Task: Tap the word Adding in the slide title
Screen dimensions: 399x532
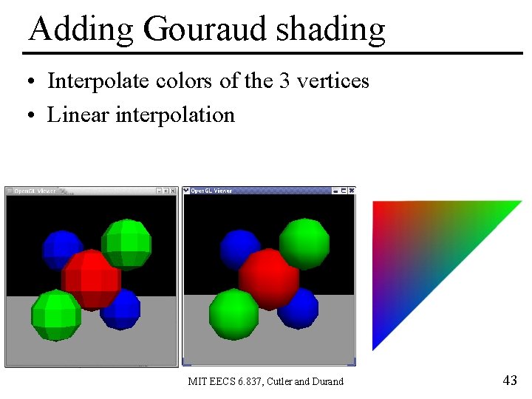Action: click(81, 30)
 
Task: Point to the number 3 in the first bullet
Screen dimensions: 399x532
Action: click(284, 81)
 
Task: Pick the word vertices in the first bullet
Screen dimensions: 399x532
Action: click(332, 81)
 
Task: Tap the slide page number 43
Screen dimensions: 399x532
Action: click(509, 381)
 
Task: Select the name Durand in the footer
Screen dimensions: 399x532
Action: click(327, 382)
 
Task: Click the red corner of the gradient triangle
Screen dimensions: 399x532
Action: click(378, 207)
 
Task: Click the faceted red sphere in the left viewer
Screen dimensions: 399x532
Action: click(91, 279)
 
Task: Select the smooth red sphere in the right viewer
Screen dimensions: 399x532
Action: click(269, 279)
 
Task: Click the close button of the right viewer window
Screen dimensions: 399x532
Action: click(351, 191)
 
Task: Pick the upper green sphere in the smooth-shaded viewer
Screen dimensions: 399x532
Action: click(304, 243)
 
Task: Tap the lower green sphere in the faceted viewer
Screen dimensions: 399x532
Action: click(56, 315)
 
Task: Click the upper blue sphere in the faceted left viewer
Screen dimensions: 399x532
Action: click(62, 249)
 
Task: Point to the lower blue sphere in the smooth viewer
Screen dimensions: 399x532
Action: click(299, 307)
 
